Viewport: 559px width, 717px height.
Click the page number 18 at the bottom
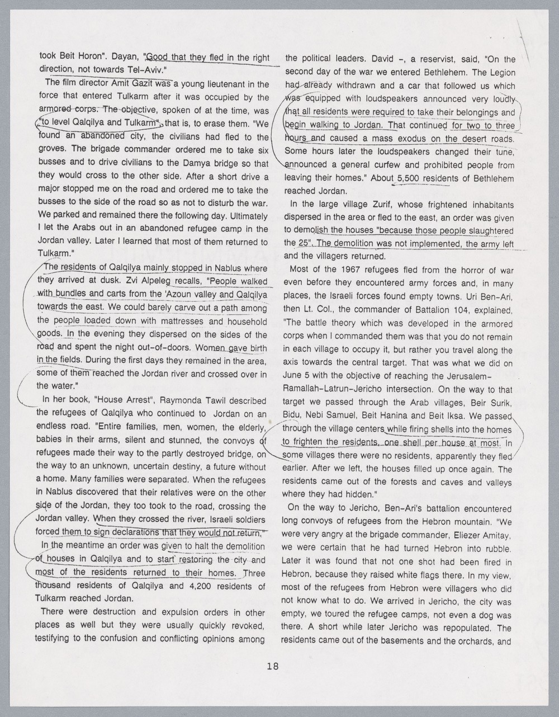click(x=273, y=666)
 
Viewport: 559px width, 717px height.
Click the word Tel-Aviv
click(x=147, y=70)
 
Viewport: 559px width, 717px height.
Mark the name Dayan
click(x=126, y=57)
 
